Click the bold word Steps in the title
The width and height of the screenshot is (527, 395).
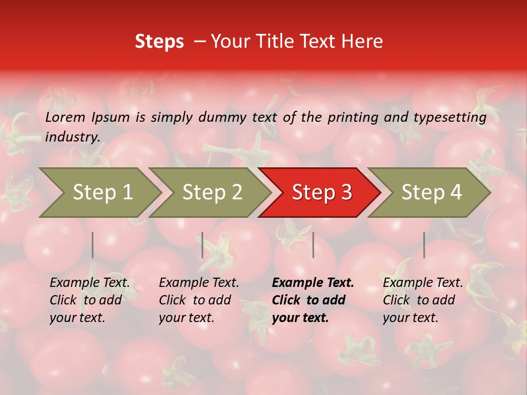(159, 42)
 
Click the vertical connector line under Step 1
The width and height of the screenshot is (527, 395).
(93, 245)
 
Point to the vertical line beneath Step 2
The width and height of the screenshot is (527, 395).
(203, 245)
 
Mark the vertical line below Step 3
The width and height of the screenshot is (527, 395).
(313, 245)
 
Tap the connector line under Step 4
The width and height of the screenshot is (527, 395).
(424, 245)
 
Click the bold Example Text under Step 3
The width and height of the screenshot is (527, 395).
(313, 283)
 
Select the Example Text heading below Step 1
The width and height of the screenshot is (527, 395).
(89, 283)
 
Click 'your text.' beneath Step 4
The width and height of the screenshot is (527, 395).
(410, 318)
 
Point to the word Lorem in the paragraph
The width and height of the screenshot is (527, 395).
(65, 117)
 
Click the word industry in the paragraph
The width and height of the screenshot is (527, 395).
(72, 137)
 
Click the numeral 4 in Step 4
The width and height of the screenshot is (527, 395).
(456, 193)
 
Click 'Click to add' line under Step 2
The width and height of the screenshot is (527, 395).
(195, 300)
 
